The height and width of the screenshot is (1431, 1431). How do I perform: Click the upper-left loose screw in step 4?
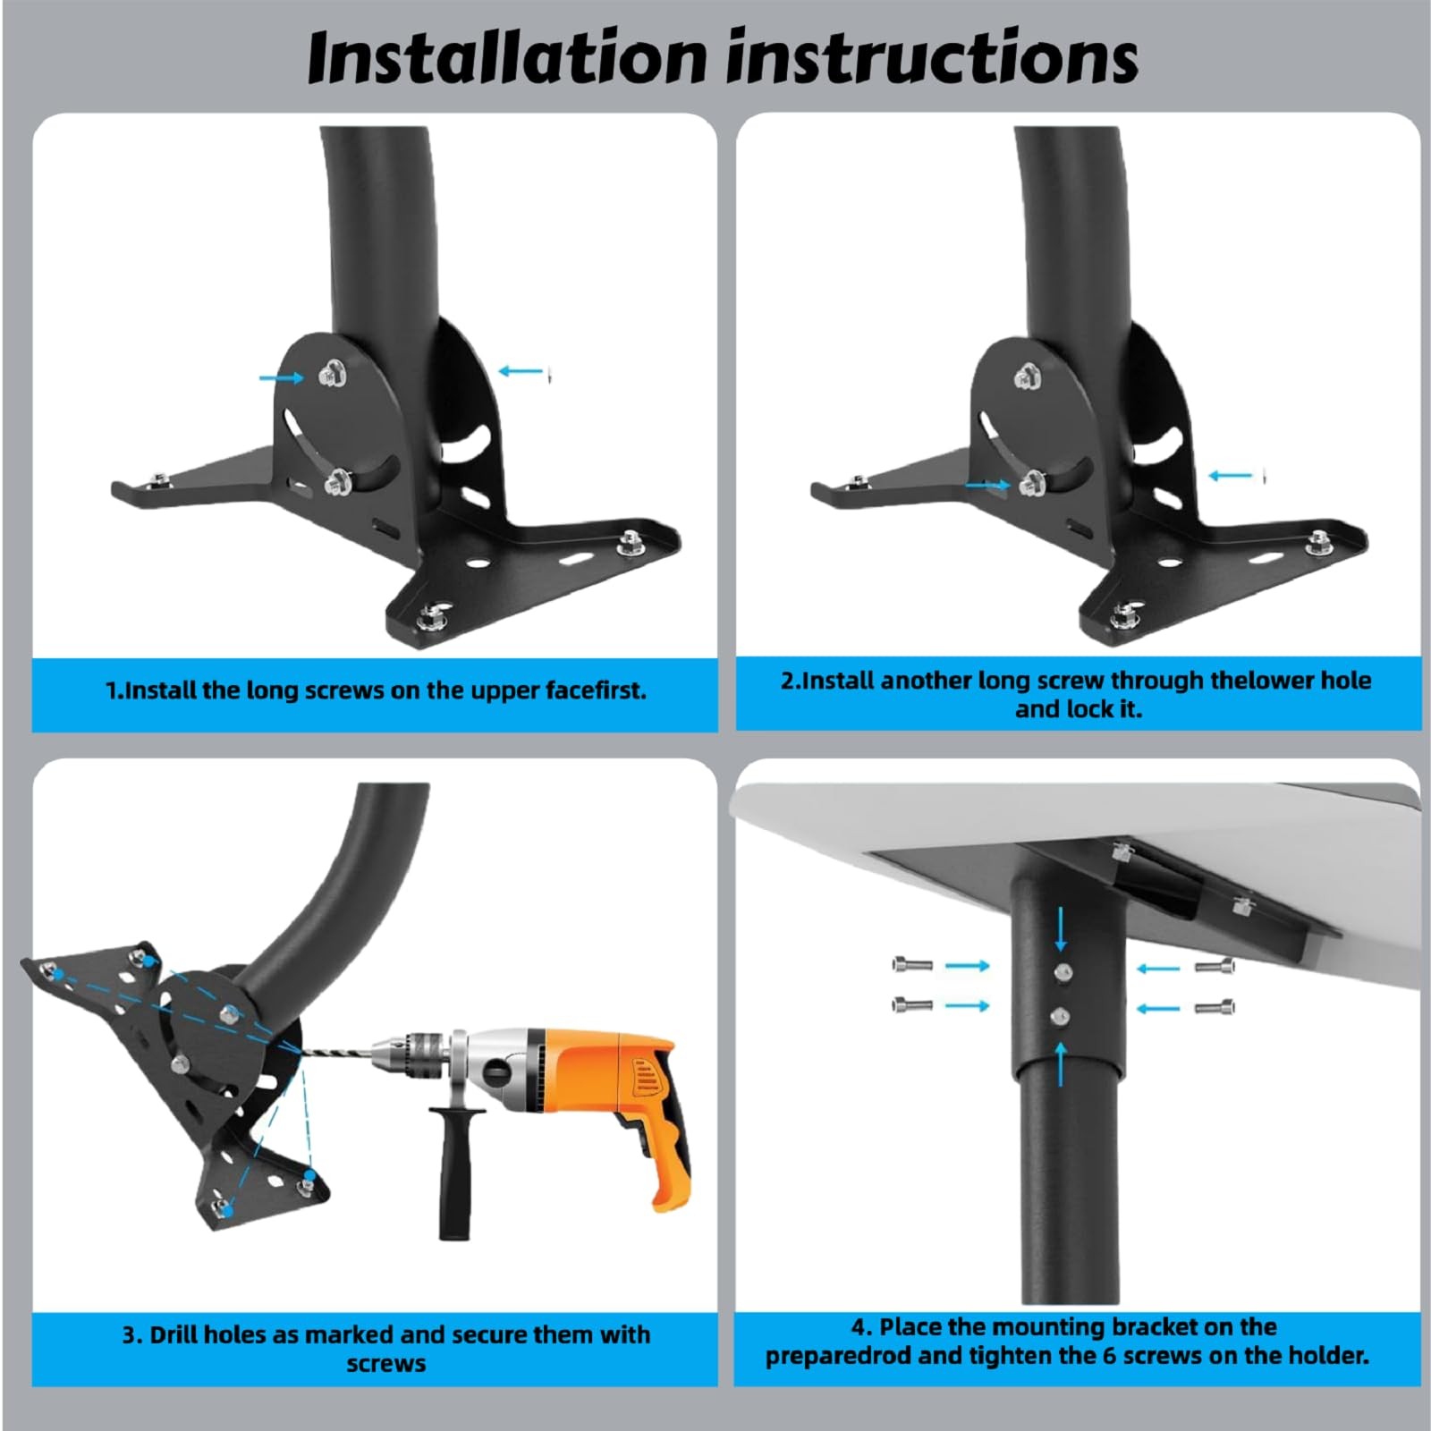pos(912,965)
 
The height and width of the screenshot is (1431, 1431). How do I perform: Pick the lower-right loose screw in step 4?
pos(1215,1008)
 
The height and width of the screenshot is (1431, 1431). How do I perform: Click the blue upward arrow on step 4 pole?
pos(1061,1065)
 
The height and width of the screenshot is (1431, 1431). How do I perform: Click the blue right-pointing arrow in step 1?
pos(282,378)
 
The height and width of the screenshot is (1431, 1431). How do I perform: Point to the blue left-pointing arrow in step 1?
pos(521,370)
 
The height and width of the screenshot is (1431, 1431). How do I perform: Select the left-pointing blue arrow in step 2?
pos(1232,476)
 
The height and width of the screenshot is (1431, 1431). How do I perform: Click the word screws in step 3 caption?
pos(386,1365)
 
